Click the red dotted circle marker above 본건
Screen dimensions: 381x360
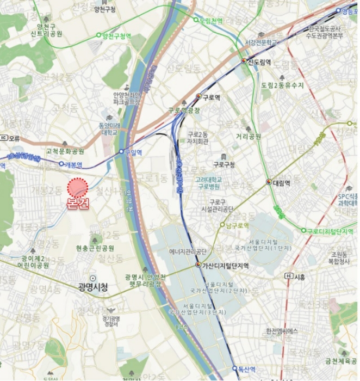[78, 187]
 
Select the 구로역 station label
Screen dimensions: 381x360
[211, 97]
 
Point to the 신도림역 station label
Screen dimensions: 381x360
[260, 61]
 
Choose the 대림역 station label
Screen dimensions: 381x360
[281, 182]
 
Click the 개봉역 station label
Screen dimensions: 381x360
[73, 164]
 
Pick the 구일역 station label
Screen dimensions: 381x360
[133, 153]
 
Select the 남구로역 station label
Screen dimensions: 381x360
[238, 225]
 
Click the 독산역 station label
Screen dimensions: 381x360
[249, 368]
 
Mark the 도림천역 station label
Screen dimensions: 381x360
[212, 21]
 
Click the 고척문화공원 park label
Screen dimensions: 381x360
[65, 151]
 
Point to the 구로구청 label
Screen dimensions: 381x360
[224, 164]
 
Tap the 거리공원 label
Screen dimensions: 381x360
[248, 137]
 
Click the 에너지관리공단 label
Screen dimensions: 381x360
[188, 251]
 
